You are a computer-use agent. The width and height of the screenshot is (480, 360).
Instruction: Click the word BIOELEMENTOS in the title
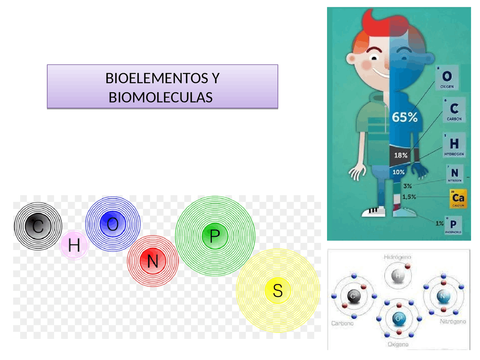(x=157, y=78)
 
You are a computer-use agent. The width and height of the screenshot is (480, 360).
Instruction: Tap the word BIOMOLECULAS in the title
(x=160, y=97)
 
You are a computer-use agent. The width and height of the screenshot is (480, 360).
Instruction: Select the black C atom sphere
(x=38, y=226)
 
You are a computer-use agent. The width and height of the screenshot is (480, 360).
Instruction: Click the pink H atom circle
(x=74, y=245)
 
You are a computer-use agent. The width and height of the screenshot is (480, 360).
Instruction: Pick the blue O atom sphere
(x=112, y=224)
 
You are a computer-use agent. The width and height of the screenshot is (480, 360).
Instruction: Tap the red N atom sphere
(x=153, y=261)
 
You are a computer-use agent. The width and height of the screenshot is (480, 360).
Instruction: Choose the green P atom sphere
(x=214, y=236)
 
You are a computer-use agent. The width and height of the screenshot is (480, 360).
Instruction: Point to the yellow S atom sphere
(x=277, y=291)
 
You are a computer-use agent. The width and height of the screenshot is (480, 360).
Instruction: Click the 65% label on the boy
(x=405, y=117)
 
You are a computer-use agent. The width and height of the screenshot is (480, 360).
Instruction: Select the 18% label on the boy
(x=400, y=155)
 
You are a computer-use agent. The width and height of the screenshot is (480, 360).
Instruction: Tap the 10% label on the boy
(x=398, y=172)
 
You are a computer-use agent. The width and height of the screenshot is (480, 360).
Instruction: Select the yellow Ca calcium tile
(x=458, y=199)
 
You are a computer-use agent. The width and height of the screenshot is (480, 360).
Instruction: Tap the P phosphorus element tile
(x=453, y=225)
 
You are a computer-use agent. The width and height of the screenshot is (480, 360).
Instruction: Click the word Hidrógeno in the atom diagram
(x=397, y=257)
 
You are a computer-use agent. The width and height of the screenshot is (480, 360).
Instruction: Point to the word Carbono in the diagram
(x=342, y=323)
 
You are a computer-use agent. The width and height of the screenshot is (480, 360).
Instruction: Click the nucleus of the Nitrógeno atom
(x=443, y=296)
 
